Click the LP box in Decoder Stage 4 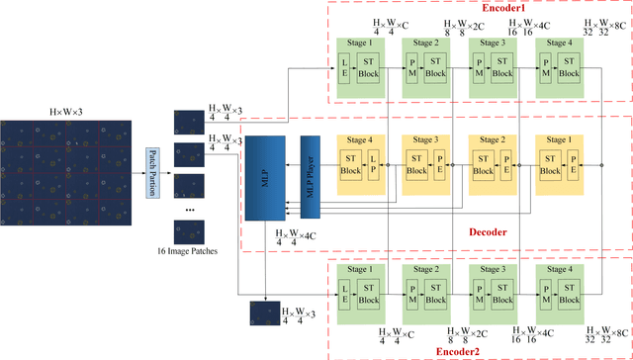coord(373,164)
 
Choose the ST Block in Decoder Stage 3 coord(416,164)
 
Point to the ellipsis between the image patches coord(189,211)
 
